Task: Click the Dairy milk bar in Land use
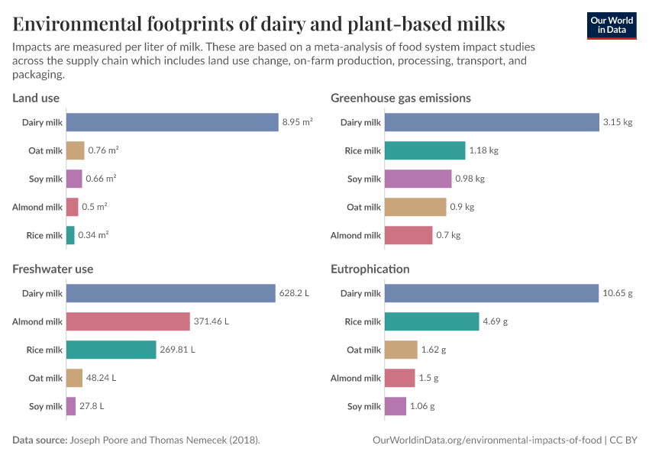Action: (172, 122)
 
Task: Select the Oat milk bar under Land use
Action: (75, 150)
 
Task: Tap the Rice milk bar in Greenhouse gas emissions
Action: (425, 150)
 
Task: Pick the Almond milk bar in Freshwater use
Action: (128, 321)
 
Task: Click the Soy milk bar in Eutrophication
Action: (395, 406)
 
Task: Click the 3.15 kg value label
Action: (618, 122)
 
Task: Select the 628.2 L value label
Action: (294, 293)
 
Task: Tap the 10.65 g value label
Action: (618, 293)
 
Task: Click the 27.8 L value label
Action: (92, 406)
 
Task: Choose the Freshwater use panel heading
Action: (53, 269)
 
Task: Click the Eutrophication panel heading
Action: (370, 269)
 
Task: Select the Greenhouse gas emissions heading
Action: (400, 98)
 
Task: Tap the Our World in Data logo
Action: (612, 25)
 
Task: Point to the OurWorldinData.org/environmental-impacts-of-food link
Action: (487, 440)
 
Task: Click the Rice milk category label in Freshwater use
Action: (44, 350)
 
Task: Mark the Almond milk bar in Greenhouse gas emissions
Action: (408, 235)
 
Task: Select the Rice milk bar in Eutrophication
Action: (431, 321)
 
